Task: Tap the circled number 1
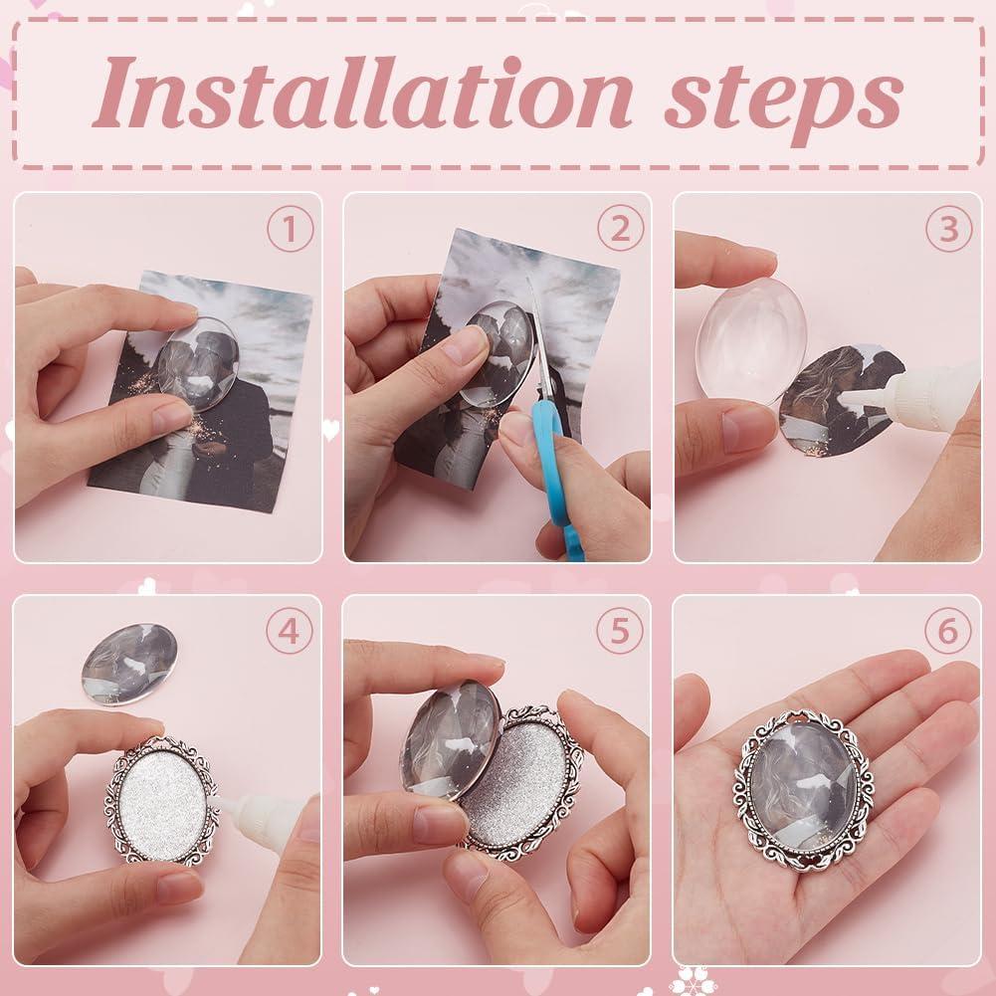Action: tap(290, 231)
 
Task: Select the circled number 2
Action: tap(620, 231)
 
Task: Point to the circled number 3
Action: tap(948, 231)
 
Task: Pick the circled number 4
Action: tap(290, 632)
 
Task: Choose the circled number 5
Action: tap(620, 632)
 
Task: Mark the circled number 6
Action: tap(948, 632)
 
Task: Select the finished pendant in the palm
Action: tap(801, 786)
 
